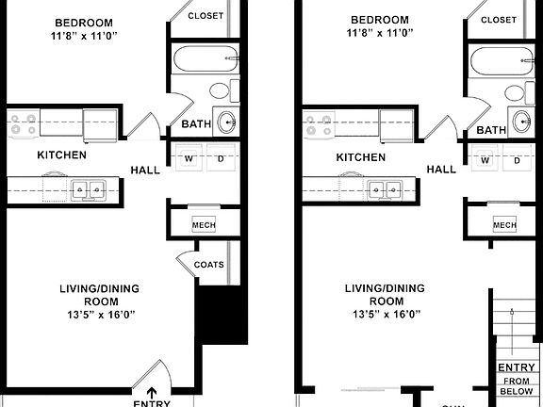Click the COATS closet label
click(208, 265)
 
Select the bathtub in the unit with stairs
click(499, 61)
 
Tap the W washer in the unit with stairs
click(485, 160)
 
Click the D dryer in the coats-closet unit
click(222, 160)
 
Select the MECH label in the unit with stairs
click(504, 225)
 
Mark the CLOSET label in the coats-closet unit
click(206, 16)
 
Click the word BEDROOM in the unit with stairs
click(379, 21)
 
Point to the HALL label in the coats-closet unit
click(145, 170)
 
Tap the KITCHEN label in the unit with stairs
click(362, 157)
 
